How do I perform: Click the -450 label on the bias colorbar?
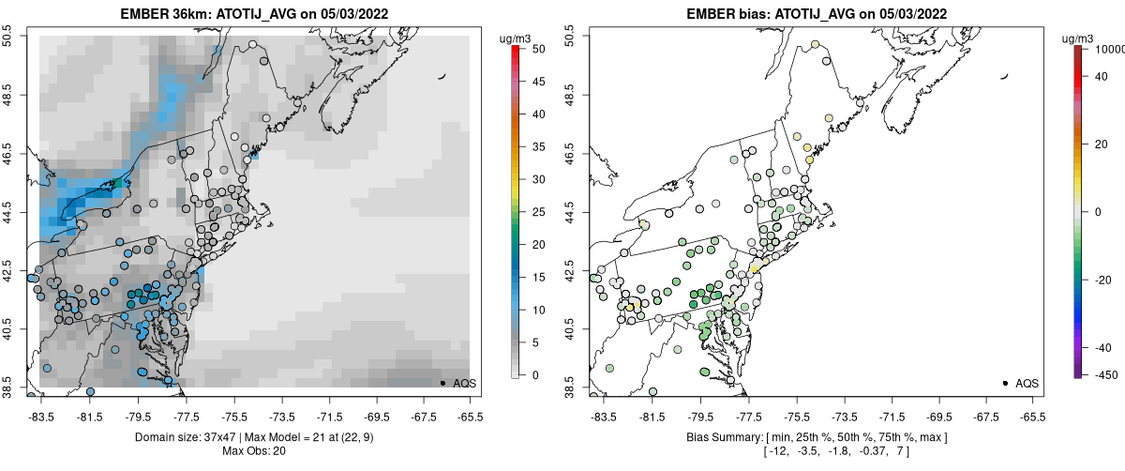coord(1102,374)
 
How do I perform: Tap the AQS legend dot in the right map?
coord(1005,383)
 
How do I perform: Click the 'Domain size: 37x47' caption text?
coord(195,437)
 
